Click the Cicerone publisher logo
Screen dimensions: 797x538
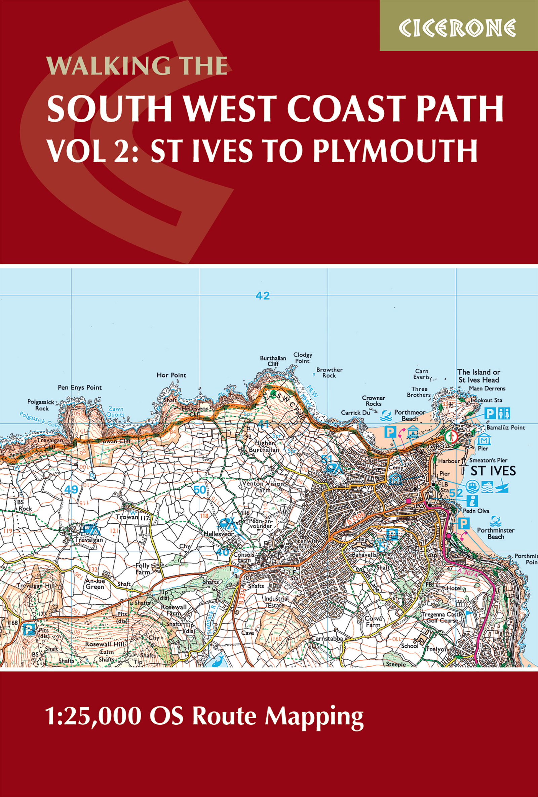click(458, 28)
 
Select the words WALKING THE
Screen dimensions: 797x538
click(137, 66)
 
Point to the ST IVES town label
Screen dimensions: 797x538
click(493, 471)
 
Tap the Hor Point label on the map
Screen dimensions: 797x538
click(171, 375)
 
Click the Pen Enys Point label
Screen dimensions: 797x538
click(80, 388)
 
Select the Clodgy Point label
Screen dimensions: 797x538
click(302, 358)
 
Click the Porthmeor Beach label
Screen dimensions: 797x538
click(410, 415)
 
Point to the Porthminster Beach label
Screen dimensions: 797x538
click(496, 533)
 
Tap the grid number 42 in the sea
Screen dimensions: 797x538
click(263, 295)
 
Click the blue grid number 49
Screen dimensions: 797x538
click(71, 489)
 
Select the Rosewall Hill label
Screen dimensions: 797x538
click(105, 644)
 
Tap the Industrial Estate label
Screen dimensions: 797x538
click(276, 602)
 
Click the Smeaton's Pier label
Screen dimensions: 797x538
click(488, 460)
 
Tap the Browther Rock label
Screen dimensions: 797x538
click(329, 372)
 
